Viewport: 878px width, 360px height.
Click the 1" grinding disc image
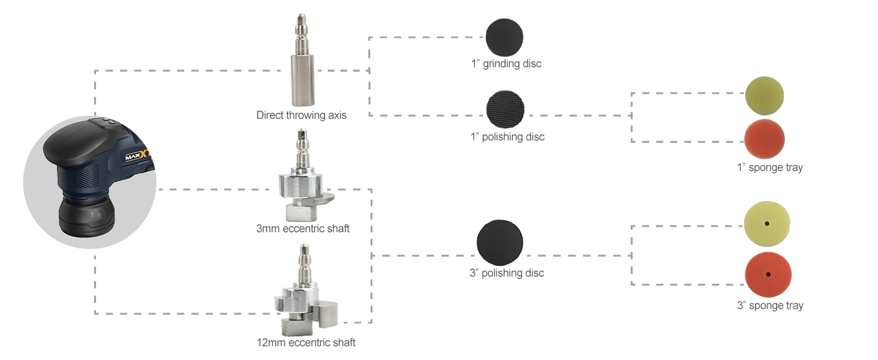(x=504, y=37)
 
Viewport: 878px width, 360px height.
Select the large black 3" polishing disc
(x=500, y=242)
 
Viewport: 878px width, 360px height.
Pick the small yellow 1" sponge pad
(x=765, y=95)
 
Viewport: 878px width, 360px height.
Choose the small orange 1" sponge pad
(x=764, y=139)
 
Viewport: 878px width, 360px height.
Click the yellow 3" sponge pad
(x=767, y=223)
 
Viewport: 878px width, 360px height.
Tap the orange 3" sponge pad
(x=768, y=275)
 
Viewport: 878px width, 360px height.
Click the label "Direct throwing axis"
(x=301, y=115)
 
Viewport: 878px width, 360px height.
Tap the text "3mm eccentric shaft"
(x=302, y=229)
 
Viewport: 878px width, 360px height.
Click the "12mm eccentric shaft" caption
(x=306, y=343)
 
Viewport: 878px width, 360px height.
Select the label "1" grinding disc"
(x=506, y=64)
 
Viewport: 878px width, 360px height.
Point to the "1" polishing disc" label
(x=507, y=137)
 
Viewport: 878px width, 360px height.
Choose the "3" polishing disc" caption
(x=507, y=273)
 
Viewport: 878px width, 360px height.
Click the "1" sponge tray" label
(x=769, y=167)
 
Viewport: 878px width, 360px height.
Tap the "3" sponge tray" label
(x=770, y=305)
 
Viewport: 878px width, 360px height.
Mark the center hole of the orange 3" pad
(x=768, y=275)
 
